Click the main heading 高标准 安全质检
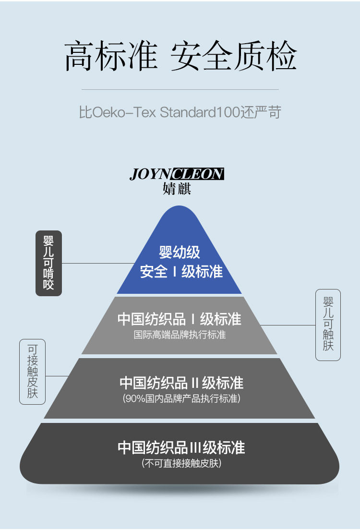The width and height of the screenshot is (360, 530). [x=180, y=57]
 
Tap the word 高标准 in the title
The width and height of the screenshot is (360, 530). [x=111, y=57]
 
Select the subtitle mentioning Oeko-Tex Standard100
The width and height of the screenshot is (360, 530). [x=180, y=112]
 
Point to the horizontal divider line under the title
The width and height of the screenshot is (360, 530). [x=180, y=89]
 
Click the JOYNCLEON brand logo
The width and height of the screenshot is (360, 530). [x=177, y=174]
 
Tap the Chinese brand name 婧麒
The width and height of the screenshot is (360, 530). [x=177, y=189]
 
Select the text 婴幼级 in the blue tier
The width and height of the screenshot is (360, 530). [x=180, y=253]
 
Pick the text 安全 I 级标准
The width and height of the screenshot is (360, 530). [x=181, y=272]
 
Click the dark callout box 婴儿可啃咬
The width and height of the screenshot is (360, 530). [x=48, y=263]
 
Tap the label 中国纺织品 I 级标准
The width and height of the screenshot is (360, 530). [x=180, y=319]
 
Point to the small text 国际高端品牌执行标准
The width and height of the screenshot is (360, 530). [x=180, y=335]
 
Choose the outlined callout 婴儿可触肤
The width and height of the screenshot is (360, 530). [x=328, y=325]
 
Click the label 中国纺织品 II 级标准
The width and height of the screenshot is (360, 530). [x=181, y=383]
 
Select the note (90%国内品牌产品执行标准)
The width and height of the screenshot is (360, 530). [x=181, y=398]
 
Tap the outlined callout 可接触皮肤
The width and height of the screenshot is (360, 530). [x=32, y=372]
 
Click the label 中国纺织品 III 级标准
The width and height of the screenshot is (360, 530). [x=181, y=448]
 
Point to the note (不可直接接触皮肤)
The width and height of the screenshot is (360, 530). [x=181, y=463]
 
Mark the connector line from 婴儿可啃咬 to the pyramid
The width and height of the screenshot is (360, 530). [x=98, y=263]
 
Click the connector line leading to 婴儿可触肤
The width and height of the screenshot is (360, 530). [x=288, y=325]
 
